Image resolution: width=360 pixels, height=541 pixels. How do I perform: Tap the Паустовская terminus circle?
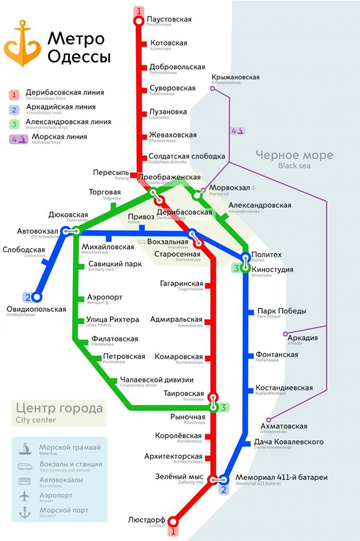pos(139,21)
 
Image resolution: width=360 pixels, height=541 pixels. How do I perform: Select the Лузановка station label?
pos(168,113)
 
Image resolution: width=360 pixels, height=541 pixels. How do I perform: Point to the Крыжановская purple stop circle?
pos(213,88)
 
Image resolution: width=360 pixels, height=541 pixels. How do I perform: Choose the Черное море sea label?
pos(294,155)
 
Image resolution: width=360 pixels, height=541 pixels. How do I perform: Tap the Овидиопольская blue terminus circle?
pos(36,297)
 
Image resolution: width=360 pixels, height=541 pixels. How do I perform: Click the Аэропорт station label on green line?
pos(105,298)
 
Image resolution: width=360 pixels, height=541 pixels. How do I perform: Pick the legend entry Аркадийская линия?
pos(60,107)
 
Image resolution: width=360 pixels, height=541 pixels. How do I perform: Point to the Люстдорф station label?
pos(146,520)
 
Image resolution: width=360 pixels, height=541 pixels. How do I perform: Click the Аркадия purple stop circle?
pos(285,334)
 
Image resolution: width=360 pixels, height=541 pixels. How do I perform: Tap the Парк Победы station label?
pos(281,311)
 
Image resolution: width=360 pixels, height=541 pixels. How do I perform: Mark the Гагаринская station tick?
pos(207,286)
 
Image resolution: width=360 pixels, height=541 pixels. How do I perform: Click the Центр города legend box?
pos(59,412)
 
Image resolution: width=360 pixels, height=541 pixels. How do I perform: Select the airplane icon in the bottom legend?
pos(25,496)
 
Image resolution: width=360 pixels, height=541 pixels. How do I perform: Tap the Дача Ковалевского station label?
pos(289,442)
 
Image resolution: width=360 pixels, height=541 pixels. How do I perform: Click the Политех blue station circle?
pos(245,258)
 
